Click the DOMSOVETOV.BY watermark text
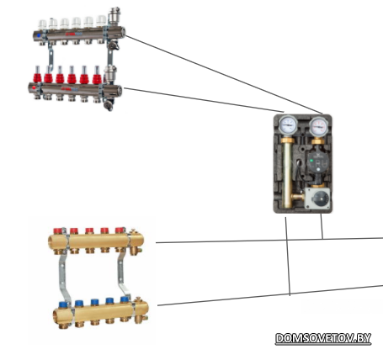(323, 338)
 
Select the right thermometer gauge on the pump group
(318, 125)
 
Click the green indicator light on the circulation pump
(311, 161)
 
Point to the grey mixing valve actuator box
(317, 198)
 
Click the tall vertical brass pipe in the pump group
(287, 174)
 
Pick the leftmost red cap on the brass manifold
(58, 230)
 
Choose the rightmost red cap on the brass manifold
(120, 230)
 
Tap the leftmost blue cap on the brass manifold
(63, 304)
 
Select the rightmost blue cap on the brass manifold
(125, 299)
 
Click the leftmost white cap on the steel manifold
(42, 24)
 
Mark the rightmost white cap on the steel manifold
(101, 19)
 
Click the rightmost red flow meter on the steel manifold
(97, 75)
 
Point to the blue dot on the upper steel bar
(38, 35)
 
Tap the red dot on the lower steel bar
(34, 87)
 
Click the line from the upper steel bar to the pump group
(224, 75)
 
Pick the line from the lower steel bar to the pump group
(204, 100)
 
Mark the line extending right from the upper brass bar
(269, 241)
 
